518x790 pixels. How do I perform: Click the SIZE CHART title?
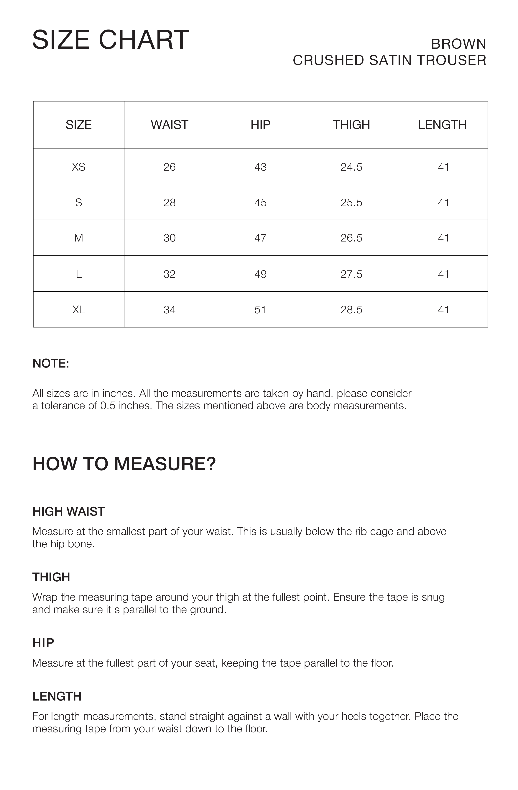[x=110, y=40]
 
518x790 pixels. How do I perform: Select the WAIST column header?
[x=170, y=125]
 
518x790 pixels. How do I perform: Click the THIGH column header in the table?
[x=351, y=125]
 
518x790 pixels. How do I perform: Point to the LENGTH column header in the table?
[x=442, y=125]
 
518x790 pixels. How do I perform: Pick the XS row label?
[x=79, y=167]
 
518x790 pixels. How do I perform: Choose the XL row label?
[x=79, y=310]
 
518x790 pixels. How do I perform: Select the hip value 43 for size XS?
[x=260, y=167]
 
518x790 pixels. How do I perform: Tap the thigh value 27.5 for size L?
[x=351, y=274]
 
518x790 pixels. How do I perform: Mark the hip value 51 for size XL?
[x=260, y=310]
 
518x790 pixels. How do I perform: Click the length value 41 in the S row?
[x=443, y=203]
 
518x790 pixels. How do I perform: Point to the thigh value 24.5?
[x=351, y=167]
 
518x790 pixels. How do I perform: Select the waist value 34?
[x=170, y=310]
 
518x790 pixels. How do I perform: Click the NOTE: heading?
[x=51, y=363]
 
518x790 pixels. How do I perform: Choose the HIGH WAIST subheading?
[x=69, y=512]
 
